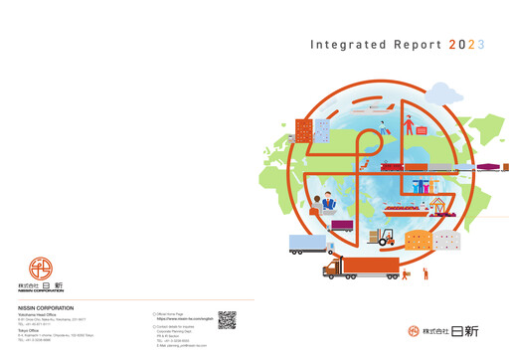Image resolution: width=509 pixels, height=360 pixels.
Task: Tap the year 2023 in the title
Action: (x=467, y=45)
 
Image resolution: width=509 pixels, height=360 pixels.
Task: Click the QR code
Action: (x=227, y=320)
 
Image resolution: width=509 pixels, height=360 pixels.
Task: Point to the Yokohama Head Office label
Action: (x=39, y=315)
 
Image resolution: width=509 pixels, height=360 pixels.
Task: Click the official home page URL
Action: (x=183, y=318)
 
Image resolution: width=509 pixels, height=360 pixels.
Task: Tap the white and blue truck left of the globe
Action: (x=308, y=244)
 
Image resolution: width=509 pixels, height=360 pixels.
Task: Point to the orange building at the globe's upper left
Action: (x=319, y=128)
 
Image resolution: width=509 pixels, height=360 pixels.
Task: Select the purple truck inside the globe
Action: (x=341, y=226)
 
